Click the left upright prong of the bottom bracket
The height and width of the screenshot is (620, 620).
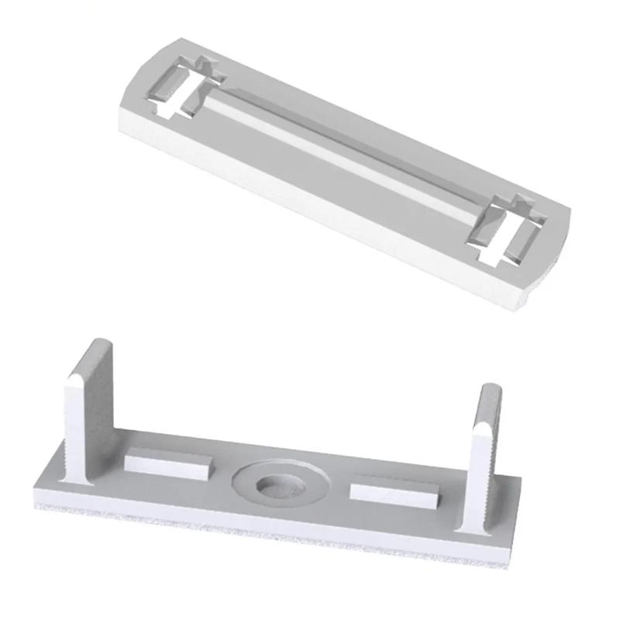point(91,418)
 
